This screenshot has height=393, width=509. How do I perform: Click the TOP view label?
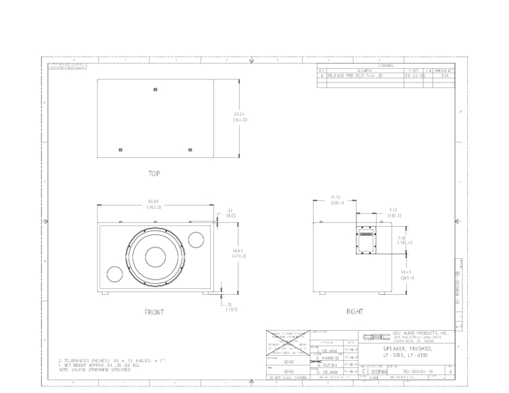coord(154,174)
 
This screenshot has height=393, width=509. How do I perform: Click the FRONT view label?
coord(155,312)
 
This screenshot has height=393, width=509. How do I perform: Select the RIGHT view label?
coord(354,312)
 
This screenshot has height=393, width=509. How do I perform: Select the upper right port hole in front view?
coord(195,238)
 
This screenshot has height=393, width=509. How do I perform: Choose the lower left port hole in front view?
coord(113,275)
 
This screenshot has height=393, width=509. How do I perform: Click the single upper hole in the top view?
coord(155,89)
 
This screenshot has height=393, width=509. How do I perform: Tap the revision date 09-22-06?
coord(414,76)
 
